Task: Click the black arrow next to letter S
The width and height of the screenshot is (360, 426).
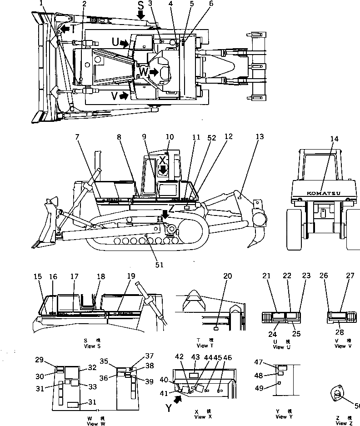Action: [x=141, y=15]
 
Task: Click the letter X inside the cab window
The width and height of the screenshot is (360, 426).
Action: [x=162, y=160]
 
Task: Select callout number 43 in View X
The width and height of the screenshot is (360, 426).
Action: [x=196, y=357]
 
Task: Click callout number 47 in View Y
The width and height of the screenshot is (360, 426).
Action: [x=271, y=362]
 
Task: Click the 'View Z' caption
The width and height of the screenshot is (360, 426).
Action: [x=340, y=423]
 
